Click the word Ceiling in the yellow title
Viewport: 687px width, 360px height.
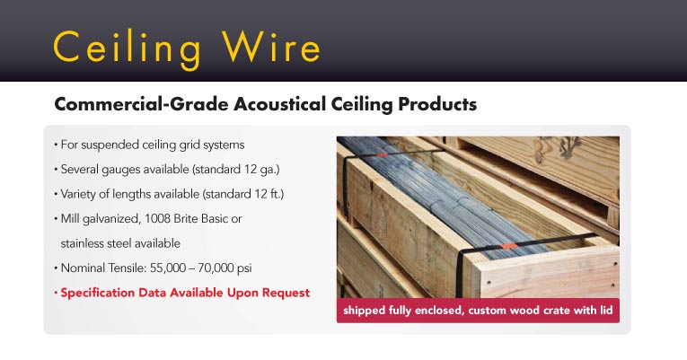(127, 49)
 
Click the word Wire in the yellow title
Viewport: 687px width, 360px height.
(271, 46)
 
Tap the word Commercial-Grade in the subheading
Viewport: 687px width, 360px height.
(141, 104)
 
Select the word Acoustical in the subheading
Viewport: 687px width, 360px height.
(279, 104)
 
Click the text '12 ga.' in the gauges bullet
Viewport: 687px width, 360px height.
(261, 170)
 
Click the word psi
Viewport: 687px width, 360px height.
(244, 269)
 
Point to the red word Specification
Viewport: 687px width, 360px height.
(98, 293)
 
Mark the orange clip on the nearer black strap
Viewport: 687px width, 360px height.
(508, 246)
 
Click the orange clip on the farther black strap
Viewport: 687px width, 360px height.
(383, 154)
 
